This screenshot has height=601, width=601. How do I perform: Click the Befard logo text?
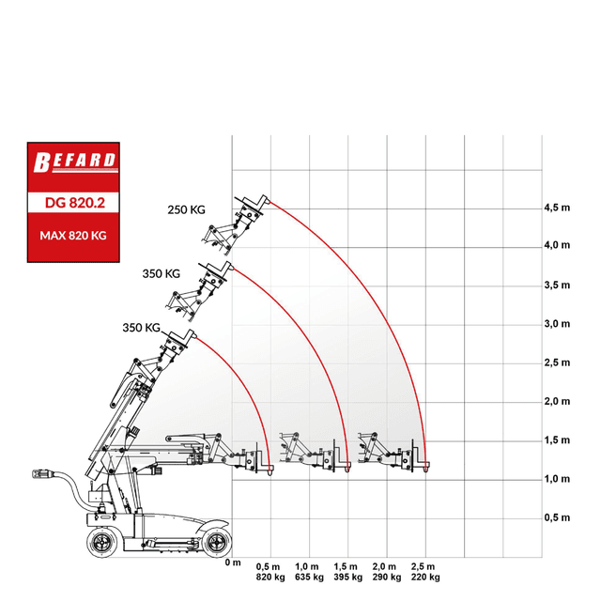pos(74,162)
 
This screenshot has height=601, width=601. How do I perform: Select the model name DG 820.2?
pos(75,203)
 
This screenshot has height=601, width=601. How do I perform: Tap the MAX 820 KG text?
pos(73,236)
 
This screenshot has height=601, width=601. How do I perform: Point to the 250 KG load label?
pos(186,209)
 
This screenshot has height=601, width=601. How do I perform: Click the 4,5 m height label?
pos(557,208)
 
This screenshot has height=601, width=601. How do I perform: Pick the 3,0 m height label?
pos(557,324)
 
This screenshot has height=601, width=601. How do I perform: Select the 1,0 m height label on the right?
pos(557,479)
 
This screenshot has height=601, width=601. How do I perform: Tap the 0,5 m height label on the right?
pos(557,517)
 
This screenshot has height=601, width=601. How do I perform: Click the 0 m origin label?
pos(233,562)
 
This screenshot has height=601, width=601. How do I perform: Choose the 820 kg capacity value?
pos(270,578)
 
